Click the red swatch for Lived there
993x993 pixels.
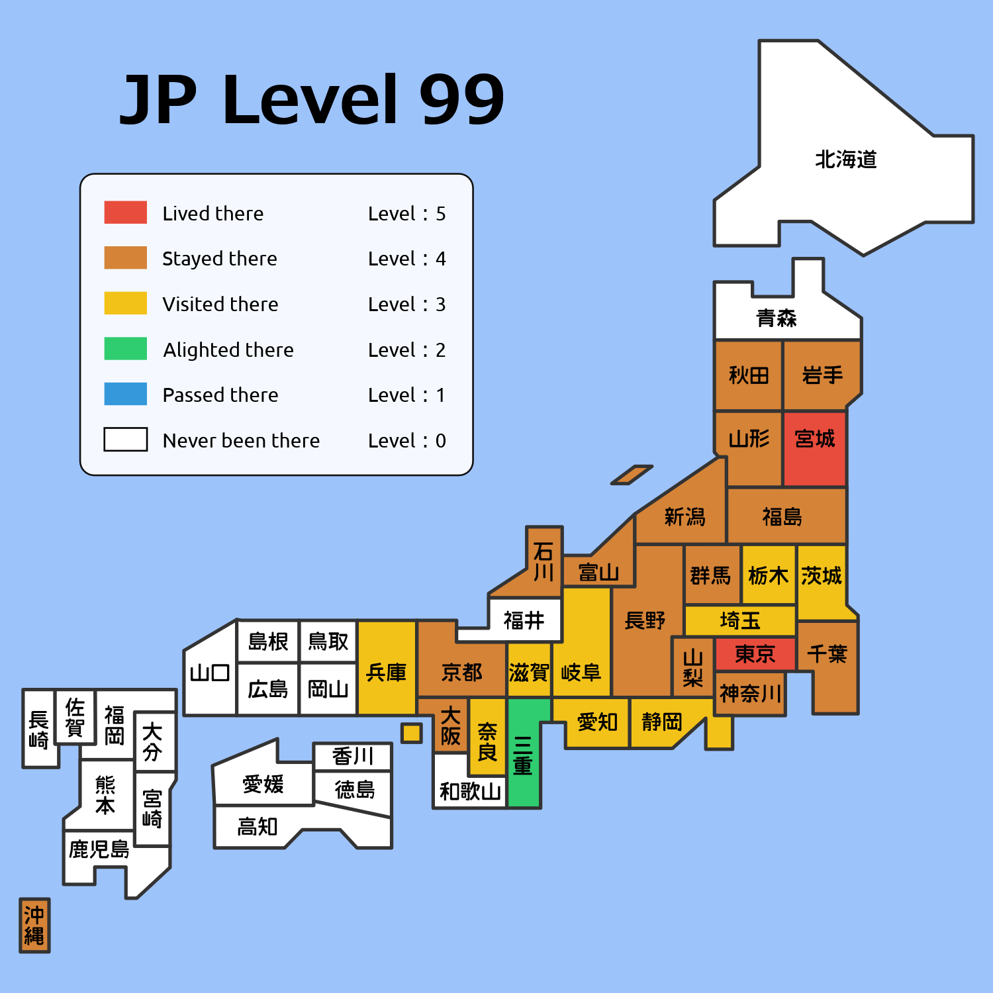(125, 212)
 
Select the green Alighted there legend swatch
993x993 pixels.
(125, 348)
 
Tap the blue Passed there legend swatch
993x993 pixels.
(125, 394)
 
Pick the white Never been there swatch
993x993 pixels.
(125, 439)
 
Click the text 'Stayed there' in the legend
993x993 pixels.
(219, 258)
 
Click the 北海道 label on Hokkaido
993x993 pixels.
(845, 160)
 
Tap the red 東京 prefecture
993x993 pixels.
(755, 654)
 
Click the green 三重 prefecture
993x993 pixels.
(524, 755)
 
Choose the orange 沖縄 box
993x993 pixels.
(34, 925)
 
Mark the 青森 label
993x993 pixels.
(776, 318)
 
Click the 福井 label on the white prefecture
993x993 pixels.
(524, 620)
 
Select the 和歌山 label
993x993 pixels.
(470, 791)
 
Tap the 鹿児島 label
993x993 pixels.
(99, 849)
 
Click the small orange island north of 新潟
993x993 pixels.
(632, 475)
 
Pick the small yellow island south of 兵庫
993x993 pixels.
(412, 733)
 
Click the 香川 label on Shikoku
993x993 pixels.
(353, 756)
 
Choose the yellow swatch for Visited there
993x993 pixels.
(125, 303)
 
